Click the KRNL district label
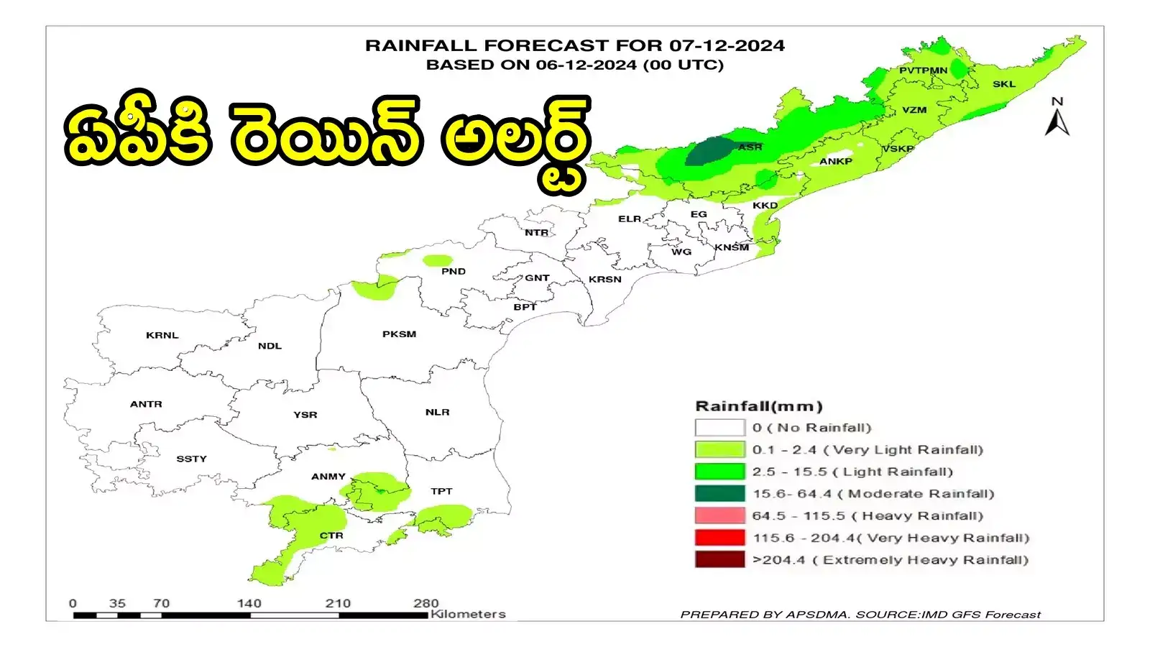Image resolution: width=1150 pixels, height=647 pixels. coord(162,335)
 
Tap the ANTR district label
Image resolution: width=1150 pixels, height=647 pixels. coord(146,404)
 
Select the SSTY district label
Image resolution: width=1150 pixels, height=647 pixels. coord(191,459)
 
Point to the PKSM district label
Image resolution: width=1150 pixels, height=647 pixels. coord(399,334)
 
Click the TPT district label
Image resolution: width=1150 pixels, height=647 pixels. coord(441,491)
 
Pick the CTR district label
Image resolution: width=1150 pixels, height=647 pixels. coord(331,536)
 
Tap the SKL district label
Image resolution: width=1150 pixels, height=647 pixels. coord(1004,84)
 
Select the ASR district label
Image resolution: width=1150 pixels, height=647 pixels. coord(750,147)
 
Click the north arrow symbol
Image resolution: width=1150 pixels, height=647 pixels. coord(1057,119)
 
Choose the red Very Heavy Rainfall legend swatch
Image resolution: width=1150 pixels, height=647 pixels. coord(719,538)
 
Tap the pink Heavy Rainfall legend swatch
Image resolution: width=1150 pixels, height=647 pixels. coord(719,515)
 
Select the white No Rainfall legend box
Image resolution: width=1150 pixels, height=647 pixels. coord(719,428)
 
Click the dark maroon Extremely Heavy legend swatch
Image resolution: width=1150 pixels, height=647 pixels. coord(719,560)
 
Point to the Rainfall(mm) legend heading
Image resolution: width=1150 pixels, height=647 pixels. coord(758,406)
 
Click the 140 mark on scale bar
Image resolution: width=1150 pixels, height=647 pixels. coord(249,604)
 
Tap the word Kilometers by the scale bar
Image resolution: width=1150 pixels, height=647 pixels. coord(468,614)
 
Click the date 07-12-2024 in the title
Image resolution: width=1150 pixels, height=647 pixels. coord(727,45)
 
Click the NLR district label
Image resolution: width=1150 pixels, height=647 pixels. coord(437,412)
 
